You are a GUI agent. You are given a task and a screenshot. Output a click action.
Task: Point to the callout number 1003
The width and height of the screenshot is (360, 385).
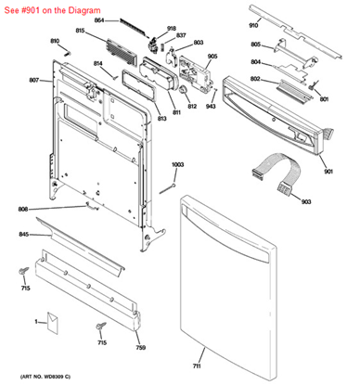coord(177,164)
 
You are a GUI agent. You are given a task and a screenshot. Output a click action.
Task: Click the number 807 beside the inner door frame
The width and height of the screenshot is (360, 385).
coord(33,81)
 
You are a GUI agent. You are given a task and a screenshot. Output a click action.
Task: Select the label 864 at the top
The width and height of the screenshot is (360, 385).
coord(126,19)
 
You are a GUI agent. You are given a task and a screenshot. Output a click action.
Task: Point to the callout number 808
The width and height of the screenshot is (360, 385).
coord(24,210)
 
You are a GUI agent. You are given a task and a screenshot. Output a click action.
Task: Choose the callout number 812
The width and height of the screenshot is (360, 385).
coord(192,106)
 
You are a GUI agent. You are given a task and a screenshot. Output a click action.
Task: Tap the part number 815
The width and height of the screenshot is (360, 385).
coord(80,32)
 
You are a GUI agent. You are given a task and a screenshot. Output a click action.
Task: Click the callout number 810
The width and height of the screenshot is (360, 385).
coord(54,42)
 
